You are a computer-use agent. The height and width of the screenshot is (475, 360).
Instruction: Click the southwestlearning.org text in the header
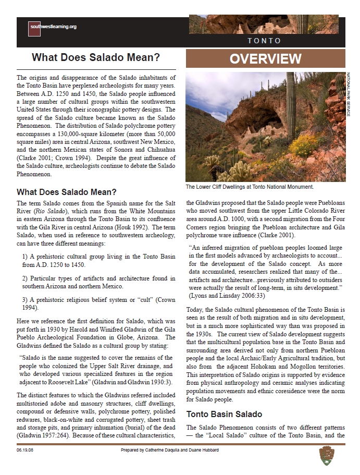[x=54, y=27]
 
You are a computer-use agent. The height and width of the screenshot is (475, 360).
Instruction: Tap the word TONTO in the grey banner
[x=264, y=41]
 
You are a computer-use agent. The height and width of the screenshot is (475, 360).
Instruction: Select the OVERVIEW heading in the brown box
[x=266, y=59]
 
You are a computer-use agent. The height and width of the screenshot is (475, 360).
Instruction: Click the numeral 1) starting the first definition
[x=26, y=257]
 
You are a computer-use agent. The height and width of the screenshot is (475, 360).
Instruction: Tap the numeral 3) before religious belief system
[x=26, y=300]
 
